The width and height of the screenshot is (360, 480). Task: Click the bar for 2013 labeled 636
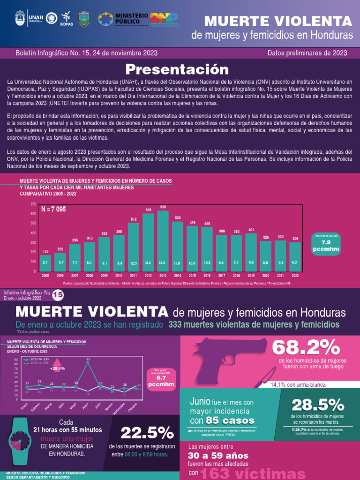163,240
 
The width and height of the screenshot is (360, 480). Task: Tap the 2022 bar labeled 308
295,256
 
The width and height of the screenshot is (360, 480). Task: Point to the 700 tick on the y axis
33,204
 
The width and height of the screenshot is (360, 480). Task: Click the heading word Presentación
180,69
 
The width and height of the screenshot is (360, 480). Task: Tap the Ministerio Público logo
123,19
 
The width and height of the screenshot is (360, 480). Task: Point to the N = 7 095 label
53,209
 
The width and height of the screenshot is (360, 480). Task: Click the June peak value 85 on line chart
88,360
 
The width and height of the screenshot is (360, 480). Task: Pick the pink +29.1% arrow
59,365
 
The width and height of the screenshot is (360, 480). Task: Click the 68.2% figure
307,348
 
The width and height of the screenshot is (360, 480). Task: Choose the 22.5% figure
147,432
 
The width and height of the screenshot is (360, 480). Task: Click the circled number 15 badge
58,295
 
